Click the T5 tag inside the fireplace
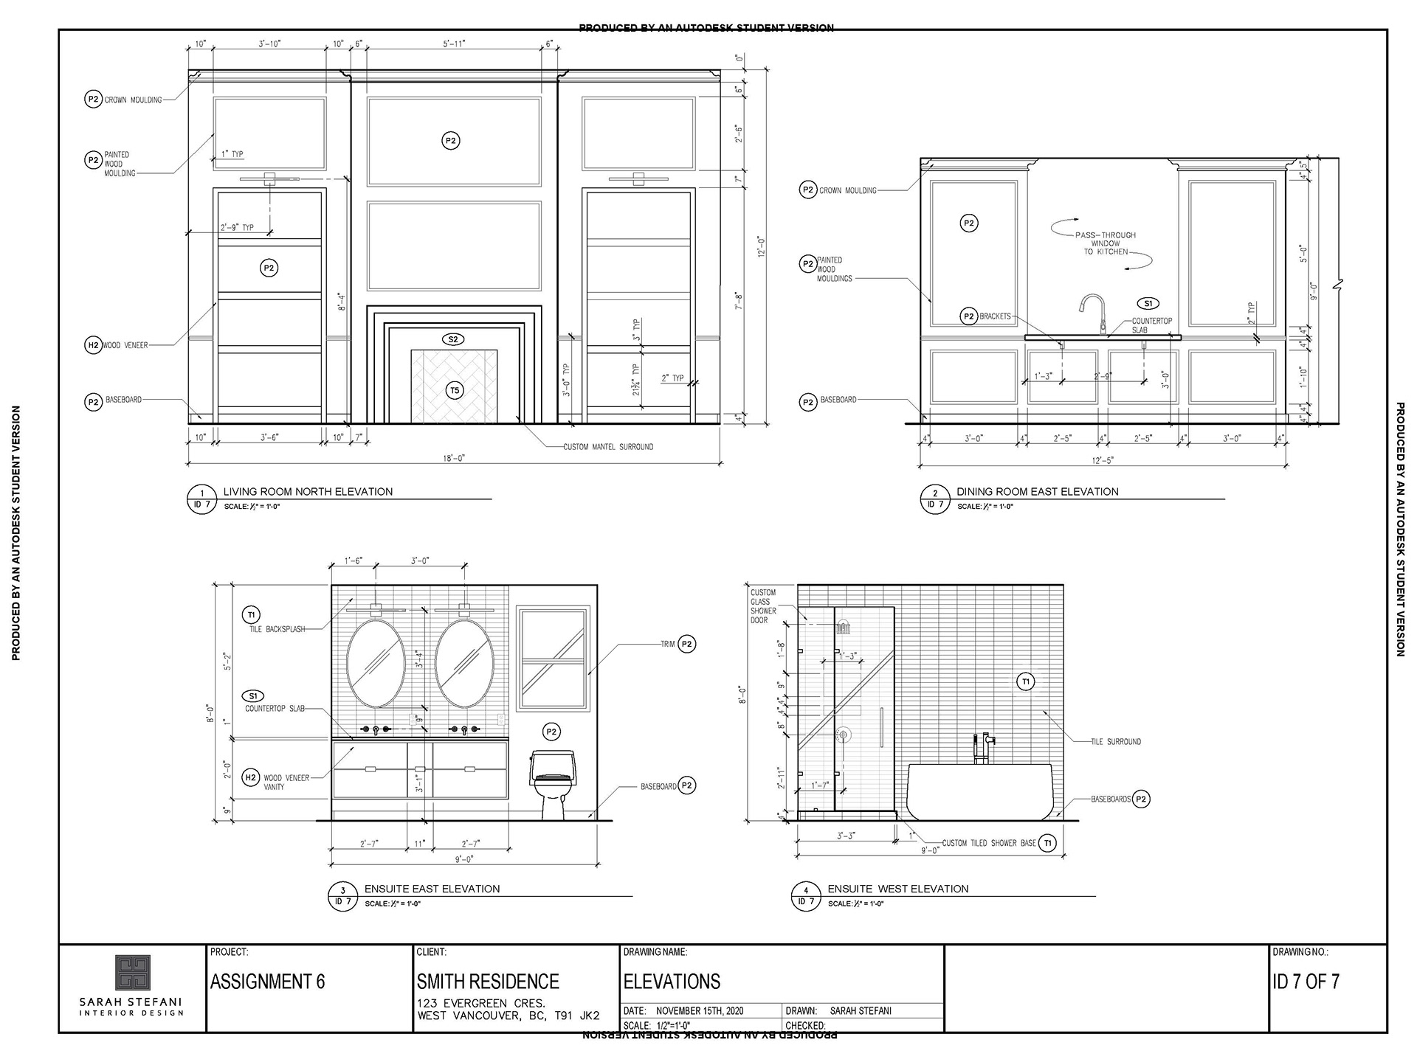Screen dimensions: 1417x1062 coord(455,390)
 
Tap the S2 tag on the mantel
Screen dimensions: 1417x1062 coord(453,339)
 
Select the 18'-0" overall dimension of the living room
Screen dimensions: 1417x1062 coord(453,458)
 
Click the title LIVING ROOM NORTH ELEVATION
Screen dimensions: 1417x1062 coord(308,492)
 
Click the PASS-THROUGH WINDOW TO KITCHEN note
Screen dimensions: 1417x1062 coord(1105,243)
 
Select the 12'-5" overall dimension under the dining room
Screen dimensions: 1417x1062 coord(1103,460)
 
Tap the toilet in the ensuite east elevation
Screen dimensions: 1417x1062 coord(553,783)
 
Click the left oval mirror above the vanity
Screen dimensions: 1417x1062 coord(376,663)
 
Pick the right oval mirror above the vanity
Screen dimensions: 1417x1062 coord(464,663)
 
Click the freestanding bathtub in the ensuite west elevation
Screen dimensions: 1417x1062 coord(980,791)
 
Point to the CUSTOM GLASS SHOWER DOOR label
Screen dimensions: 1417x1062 coord(763,606)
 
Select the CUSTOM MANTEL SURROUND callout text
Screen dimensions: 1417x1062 coord(608,447)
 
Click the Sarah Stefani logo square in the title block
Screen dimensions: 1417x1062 coord(133,973)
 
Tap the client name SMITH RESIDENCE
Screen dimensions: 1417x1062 coord(488,982)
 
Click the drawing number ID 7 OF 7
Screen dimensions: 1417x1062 coord(1306,982)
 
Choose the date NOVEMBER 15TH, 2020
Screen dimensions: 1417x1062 coord(700,1011)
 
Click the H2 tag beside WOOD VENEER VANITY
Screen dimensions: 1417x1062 coord(251,777)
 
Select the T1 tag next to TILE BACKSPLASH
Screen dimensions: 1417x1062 coord(251,615)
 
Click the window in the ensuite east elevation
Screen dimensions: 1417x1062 coord(553,659)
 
